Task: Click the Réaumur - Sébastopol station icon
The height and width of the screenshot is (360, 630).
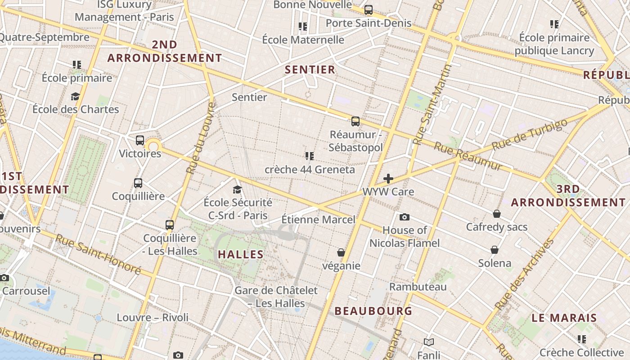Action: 355,121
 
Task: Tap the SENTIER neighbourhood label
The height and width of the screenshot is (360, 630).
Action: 310,69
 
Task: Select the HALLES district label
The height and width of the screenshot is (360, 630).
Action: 241,254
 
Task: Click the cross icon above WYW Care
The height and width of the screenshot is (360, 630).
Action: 388,179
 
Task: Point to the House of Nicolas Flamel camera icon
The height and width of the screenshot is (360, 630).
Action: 405,217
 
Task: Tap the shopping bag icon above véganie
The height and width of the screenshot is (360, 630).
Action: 341,252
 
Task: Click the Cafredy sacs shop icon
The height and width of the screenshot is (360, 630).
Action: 497,213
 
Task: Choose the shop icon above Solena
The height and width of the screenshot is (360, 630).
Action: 495,250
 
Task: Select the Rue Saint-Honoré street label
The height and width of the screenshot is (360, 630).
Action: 98,254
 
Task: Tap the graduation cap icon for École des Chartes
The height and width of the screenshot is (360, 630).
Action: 75,96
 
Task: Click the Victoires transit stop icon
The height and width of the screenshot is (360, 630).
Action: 140,140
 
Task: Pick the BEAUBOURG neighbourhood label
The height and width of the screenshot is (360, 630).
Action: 373,311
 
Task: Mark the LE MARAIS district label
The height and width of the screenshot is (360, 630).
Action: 564,318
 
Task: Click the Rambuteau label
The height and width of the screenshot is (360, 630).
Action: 418,287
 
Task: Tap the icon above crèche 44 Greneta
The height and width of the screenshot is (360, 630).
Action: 309,156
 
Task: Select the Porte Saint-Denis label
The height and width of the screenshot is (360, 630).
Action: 368,23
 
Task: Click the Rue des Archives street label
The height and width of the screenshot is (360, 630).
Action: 525,274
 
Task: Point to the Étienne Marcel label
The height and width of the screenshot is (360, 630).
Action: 318,220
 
